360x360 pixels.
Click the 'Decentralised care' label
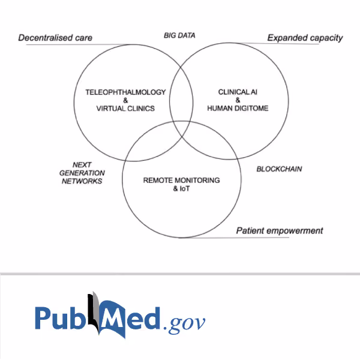coord(55,38)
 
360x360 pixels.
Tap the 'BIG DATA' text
coord(179,35)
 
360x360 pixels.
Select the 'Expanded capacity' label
coord(305,38)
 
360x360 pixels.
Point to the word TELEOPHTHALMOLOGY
coord(125,92)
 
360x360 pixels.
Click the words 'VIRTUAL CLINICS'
coord(125,109)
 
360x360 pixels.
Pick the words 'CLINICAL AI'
coord(238,92)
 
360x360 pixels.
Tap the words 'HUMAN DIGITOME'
coord(238,108)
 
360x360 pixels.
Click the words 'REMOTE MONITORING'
coord(181,180)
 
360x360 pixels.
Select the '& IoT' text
coord(181,188)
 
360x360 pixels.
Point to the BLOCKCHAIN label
coord(279,169)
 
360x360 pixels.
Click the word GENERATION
coord(82,173)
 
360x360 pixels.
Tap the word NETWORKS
coord(82,181)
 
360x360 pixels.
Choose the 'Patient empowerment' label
coord(280,230)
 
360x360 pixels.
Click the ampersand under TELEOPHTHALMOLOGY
coord(125,100)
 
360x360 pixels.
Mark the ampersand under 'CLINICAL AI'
coord(238,100)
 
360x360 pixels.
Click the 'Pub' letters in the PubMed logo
coord(59,319)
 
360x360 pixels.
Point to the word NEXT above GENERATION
coord(82,164)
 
